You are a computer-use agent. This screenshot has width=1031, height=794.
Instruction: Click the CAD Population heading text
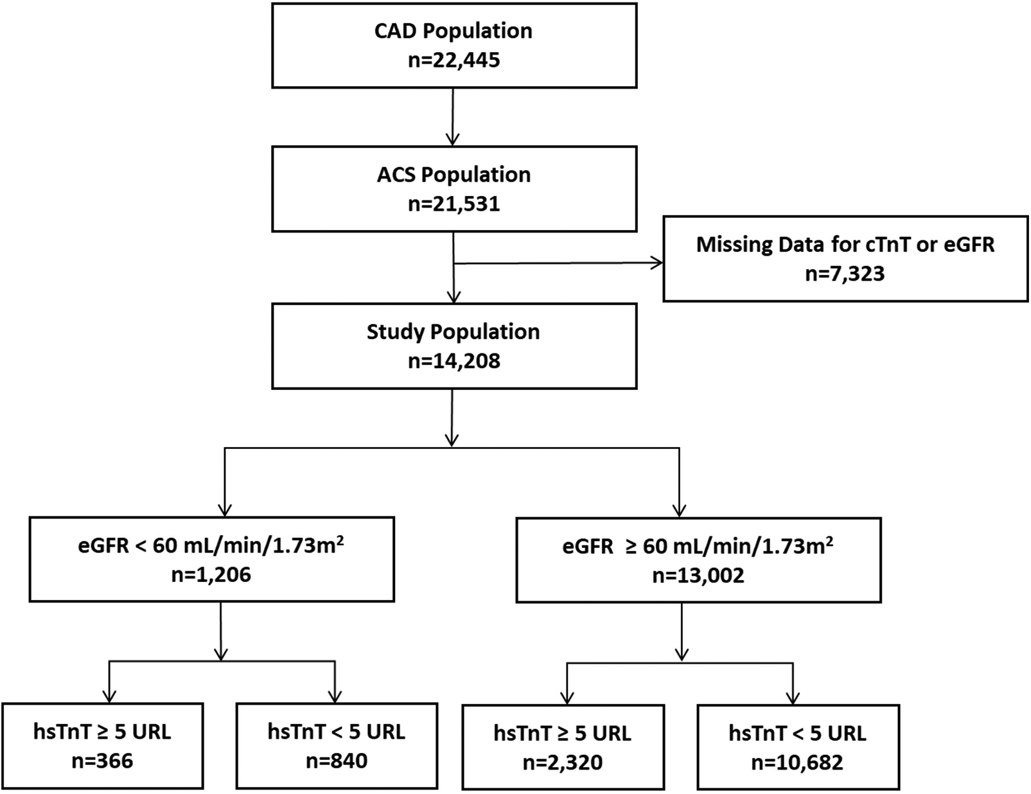(454, 31)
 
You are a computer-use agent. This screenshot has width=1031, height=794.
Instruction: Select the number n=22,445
(454, 60)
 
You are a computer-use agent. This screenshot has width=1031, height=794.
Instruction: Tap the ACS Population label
(454, 175)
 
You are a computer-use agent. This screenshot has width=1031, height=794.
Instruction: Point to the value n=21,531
(454, 204)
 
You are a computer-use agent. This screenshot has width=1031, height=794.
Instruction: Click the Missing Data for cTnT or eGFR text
(845, 245)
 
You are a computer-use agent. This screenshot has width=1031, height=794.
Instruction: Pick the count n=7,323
(845, 274)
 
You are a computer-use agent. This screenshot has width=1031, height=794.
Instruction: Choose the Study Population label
(454, 331)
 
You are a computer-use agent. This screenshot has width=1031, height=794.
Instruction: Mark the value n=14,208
(454, 361)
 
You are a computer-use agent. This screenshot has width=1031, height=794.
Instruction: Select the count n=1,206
(211, 574)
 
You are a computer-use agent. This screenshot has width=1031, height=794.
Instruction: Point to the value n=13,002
(698, 575)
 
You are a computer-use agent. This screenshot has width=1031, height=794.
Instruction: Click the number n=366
(102, 761)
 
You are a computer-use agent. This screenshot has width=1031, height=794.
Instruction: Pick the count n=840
(337, 761)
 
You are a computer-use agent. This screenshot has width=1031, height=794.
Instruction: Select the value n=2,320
(563, 763)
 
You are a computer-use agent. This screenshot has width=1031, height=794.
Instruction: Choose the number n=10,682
(797, 763)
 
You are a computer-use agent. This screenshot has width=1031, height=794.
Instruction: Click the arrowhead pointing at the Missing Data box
(657, 262)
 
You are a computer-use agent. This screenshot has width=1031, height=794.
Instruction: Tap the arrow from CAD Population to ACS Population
(453, 116)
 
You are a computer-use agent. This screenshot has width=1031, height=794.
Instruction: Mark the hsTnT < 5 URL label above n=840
(337, 732)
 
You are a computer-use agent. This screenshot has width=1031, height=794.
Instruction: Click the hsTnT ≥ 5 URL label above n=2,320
(563, 733)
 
